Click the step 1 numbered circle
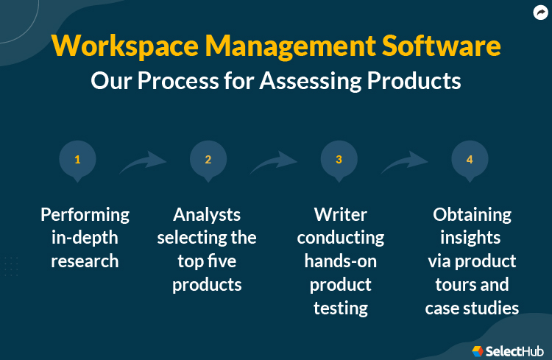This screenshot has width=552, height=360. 77,159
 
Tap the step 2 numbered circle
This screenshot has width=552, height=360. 208,159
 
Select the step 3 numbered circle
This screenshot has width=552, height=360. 339,159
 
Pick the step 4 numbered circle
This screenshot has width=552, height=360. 470,159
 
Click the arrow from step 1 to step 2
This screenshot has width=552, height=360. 143,162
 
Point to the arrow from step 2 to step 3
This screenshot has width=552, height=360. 274,162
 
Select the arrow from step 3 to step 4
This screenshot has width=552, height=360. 404,162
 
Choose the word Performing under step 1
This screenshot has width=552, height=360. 85,215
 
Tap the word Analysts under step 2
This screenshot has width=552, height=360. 207,215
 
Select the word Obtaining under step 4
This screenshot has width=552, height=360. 472,215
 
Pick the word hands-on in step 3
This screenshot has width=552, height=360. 340,261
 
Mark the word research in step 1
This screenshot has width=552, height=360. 85,261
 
